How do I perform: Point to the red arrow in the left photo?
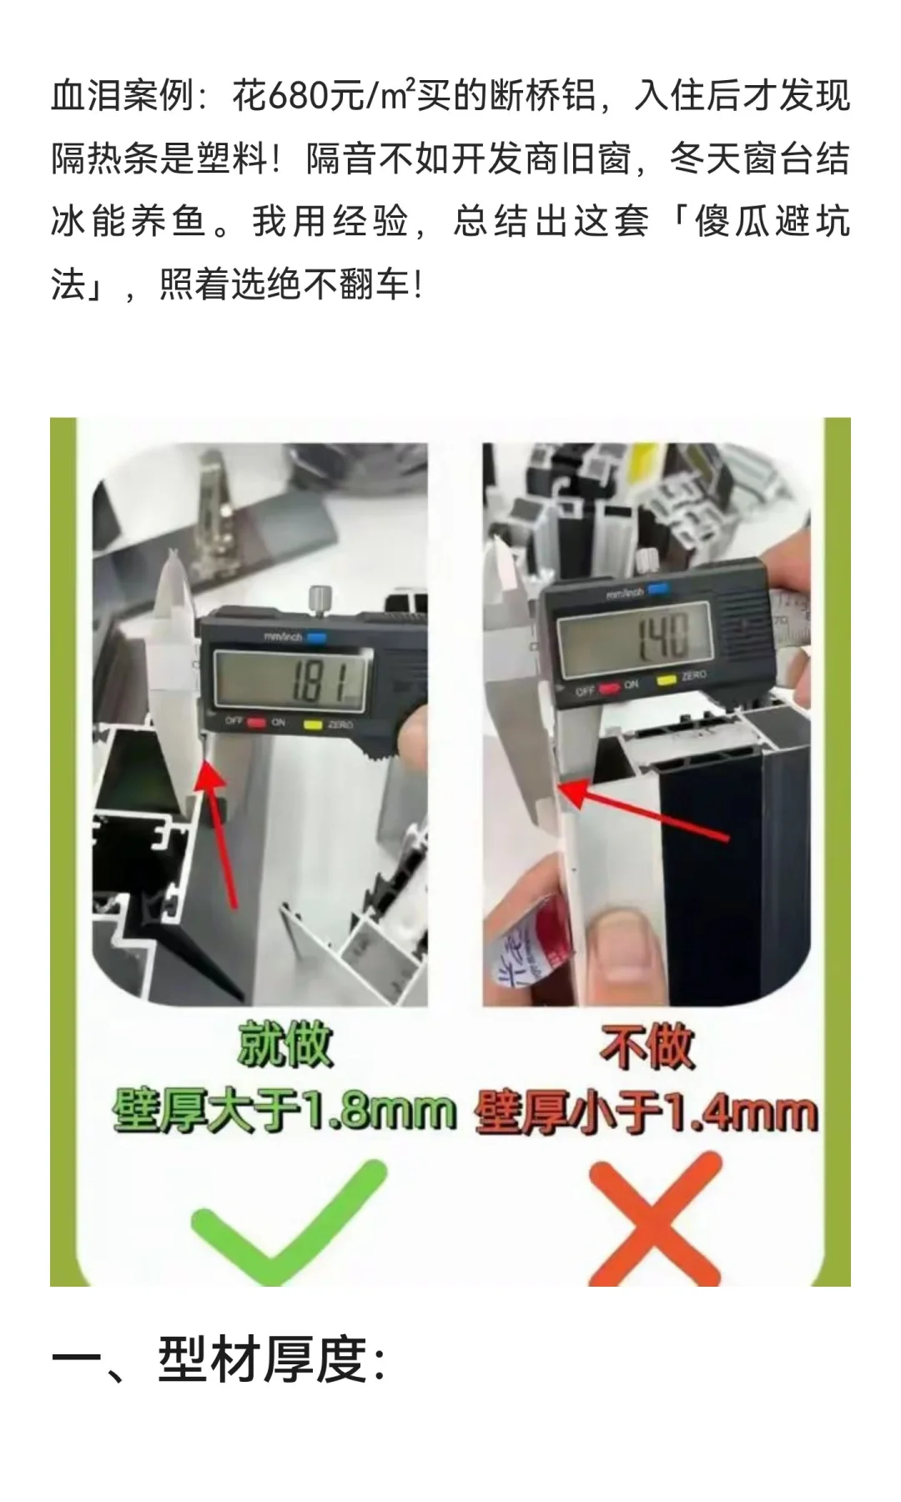coord(219,834)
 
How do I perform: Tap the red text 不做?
coord(647,1046)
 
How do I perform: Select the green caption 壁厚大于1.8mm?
coord(284,1111)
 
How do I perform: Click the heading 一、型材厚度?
coord(219,1361)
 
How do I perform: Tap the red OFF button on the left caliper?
coord(255,723)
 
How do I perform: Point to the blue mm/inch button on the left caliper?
coord(316,638)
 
